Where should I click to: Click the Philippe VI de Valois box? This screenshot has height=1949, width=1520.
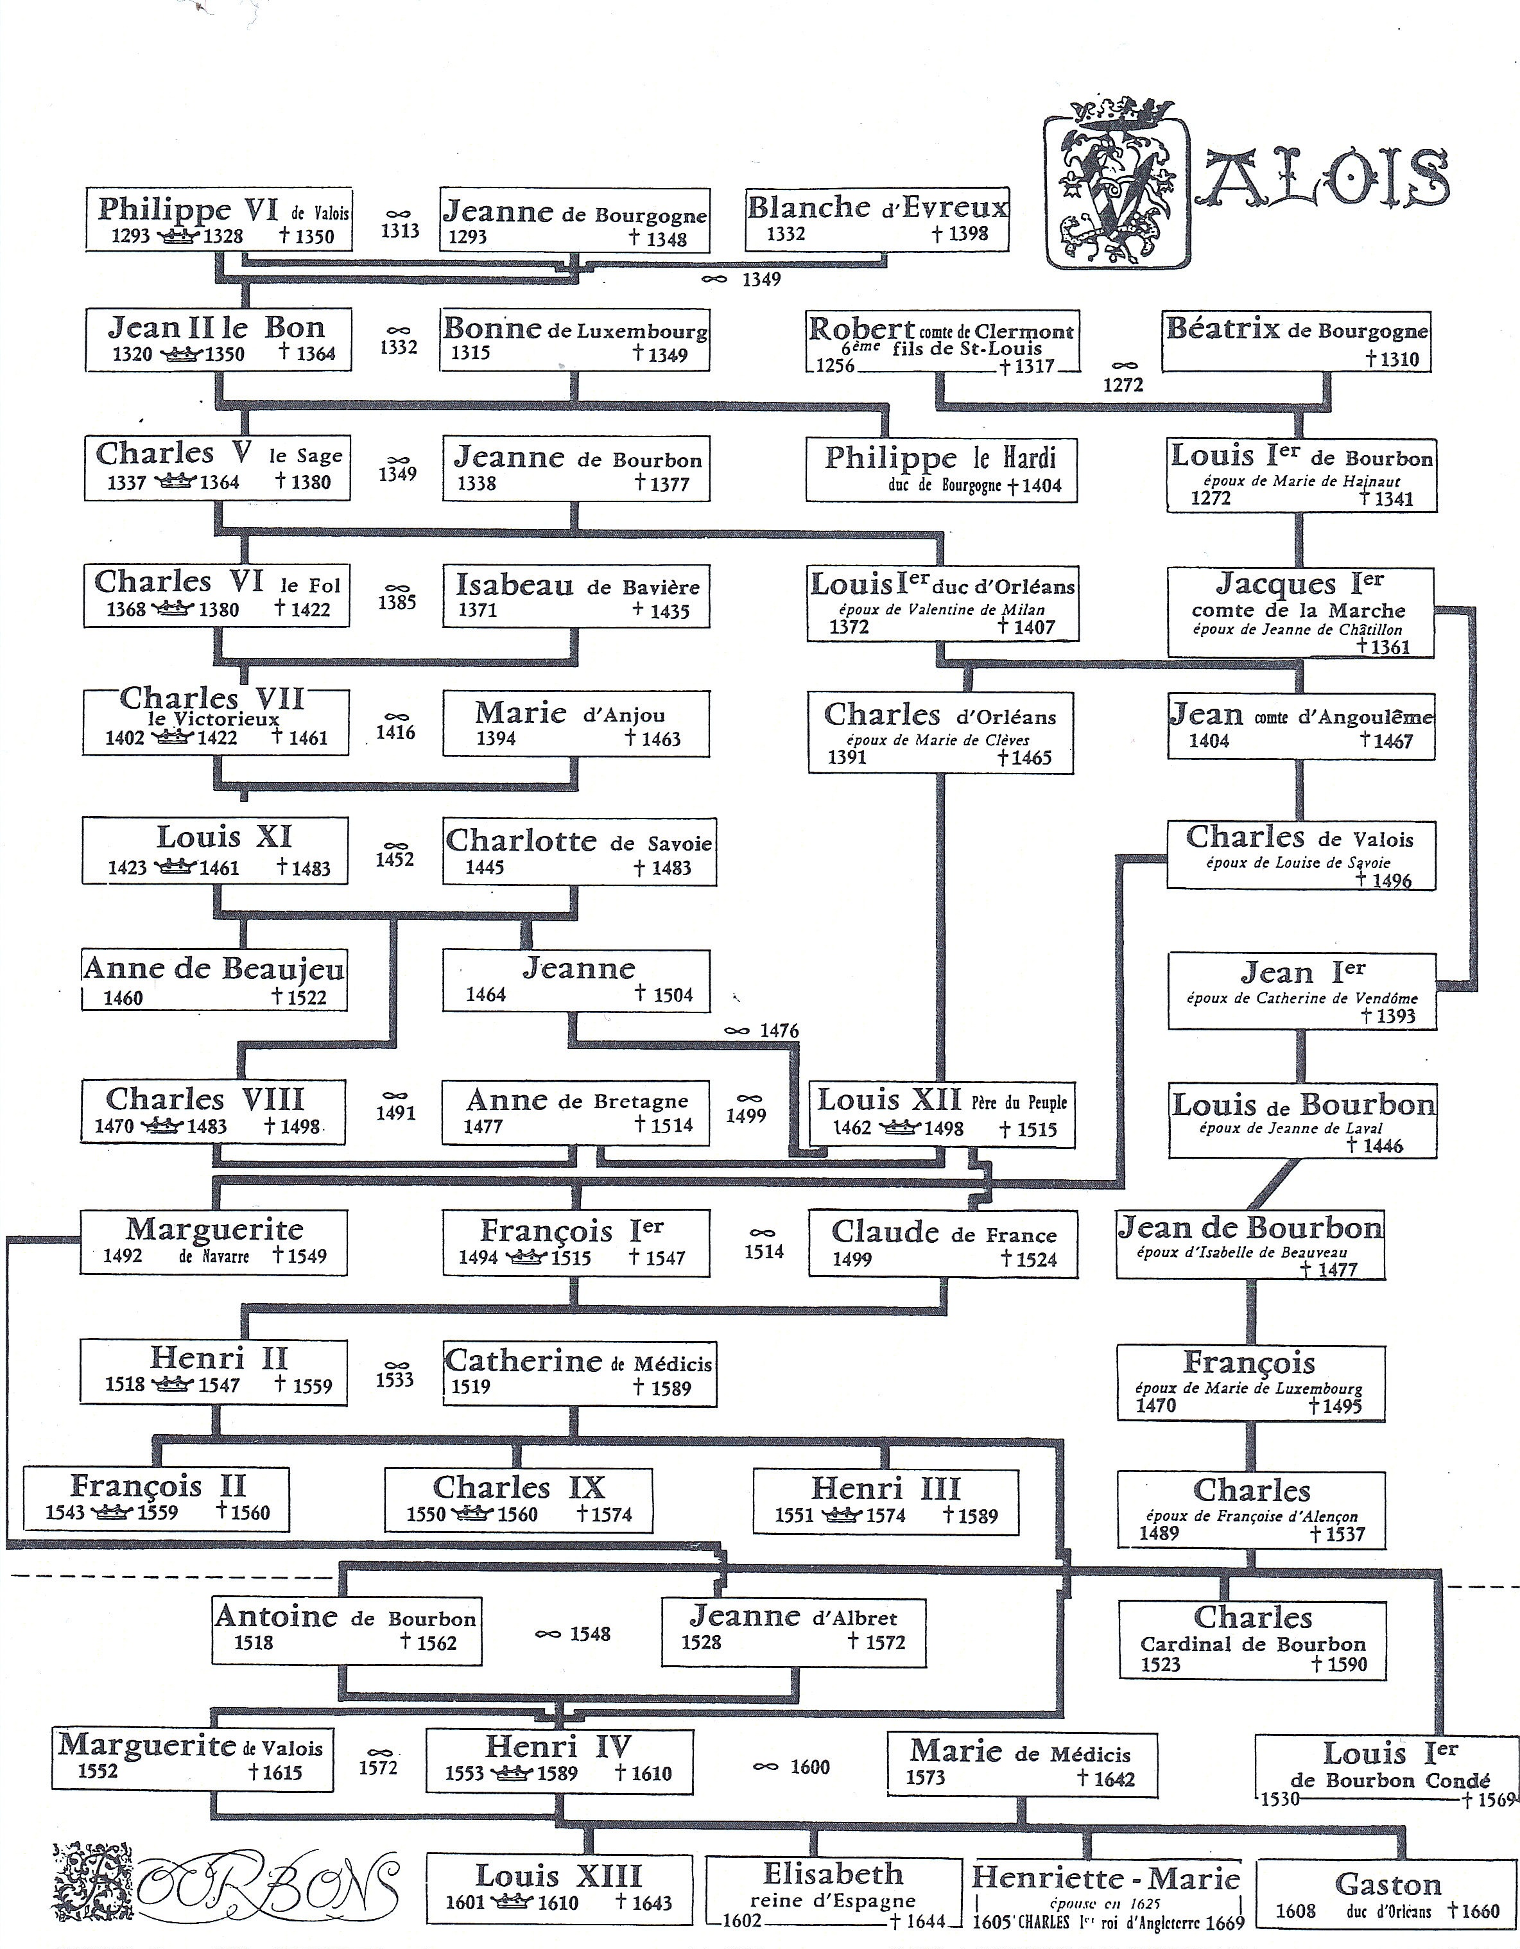tap(219, 220)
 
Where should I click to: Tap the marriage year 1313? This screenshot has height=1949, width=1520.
tap(399, 231)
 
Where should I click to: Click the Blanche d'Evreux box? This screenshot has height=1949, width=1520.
tap(877, 220)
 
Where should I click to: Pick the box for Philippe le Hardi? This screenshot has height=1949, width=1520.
tap(941, 469)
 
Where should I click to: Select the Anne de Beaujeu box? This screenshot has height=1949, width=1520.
tap(214, 980)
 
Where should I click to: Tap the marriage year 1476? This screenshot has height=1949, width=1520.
tap(779, 1031)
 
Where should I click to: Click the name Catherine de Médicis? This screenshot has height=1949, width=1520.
tap(578, 1362)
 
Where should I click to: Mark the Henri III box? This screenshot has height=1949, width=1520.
tap(885, 1501)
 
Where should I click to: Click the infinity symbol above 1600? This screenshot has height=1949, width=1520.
tap(765, 1767)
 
